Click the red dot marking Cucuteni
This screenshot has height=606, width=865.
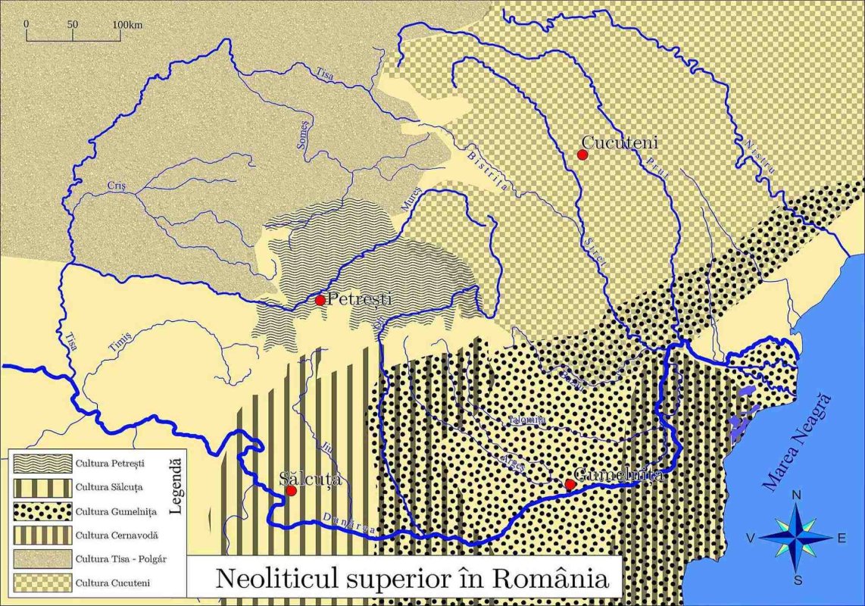tap(582, 155)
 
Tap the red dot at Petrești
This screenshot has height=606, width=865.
tap(320, 300)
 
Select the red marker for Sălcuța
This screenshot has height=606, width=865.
tap(291, 490)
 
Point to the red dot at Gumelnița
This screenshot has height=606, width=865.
tap(570, 484)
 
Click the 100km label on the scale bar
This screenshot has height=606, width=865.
tap(128, 24)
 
